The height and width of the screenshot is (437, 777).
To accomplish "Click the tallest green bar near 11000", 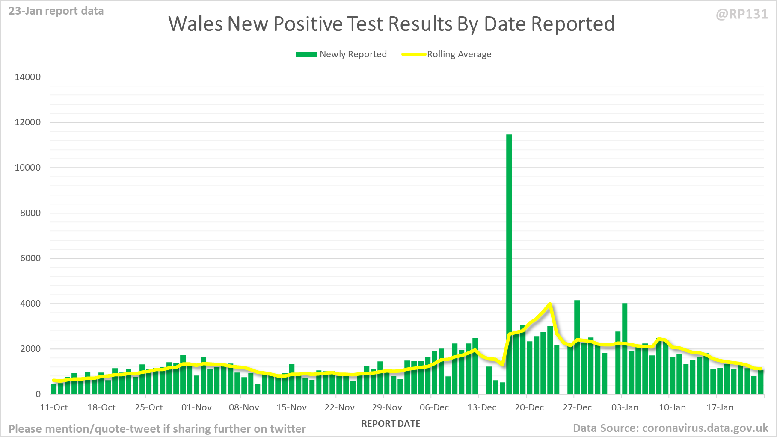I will [509, 257].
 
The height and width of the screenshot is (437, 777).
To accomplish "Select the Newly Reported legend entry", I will [341, 54].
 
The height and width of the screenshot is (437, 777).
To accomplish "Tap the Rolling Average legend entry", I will [447, 54].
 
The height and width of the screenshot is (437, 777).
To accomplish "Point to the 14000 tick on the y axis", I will [28, 77].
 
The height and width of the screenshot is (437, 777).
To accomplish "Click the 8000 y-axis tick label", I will [30, 213].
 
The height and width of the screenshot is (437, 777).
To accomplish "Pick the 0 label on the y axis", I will [38, 394].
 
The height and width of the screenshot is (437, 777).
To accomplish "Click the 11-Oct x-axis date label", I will [54, 407].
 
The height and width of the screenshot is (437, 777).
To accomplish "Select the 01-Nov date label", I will [196, 407].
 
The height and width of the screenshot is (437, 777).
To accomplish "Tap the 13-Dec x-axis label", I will [482, 407].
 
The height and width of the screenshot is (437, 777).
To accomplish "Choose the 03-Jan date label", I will [625, 407].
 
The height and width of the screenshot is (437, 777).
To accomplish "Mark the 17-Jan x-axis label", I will [720, 407].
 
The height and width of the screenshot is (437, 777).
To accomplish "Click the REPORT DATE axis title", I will [391, 424].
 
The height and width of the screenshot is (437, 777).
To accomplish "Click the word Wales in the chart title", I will [195, 24].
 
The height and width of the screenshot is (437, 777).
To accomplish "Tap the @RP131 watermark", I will [741, 14].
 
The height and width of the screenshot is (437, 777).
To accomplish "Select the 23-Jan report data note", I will [56, 11].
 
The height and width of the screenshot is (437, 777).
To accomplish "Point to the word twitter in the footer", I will [288, 429].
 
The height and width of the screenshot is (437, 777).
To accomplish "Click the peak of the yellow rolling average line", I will [550, 304].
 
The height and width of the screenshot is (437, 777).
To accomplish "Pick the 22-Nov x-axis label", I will [339, 407].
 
